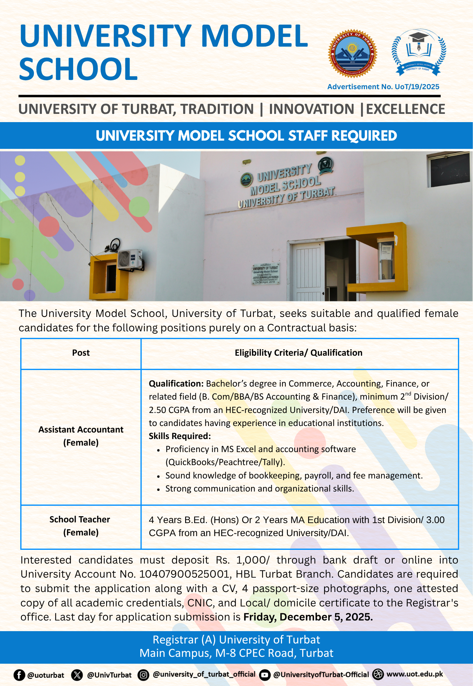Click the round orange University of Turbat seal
click(x=352, y=54)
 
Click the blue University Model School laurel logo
click(x=419, y=52)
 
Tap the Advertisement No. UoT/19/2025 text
click(x=383, y=87)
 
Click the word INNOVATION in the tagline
click(x=311, y=109)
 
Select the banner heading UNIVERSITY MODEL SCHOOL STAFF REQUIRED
click(x=246, y=136)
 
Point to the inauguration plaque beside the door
click(x=266, y=274)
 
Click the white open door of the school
click(x=308, y=271)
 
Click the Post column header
click(x=81, y=353)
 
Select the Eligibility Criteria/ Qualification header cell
click(x=299, y=353)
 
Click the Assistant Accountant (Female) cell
click(x=81, y=436)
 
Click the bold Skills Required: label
click(x=180, y=436)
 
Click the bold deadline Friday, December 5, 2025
click(x=308, y=617)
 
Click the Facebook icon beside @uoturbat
click(x=19, y=675)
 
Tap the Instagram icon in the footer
click(x=143, y=675)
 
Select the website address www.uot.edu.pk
click(x=415, y=674)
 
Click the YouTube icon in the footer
click(x=264, y=675)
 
